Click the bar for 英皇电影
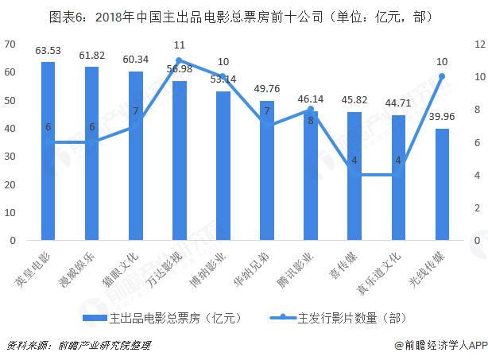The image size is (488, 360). (48, 151)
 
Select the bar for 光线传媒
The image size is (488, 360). (443, 184)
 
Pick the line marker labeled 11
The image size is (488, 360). (180, 60)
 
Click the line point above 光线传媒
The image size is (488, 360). (443, 76)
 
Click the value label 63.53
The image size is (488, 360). (48, 51)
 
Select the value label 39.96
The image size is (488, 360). (443, 118)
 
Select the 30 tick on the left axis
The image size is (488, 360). (10, 156)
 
